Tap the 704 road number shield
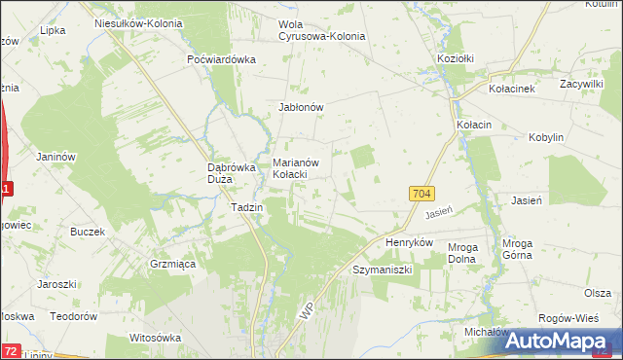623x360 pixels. point(421,195)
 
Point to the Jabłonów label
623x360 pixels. point(301,108)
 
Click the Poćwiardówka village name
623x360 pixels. point(221,58)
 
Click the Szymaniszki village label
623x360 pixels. point(384,268)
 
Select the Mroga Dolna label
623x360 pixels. point(462,254)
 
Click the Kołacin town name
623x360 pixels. point(473,126)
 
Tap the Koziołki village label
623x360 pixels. point(456,58)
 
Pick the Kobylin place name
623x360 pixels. point(546,138)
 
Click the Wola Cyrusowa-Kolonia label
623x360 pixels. point(322,29)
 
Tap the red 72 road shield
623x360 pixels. point(10,350)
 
